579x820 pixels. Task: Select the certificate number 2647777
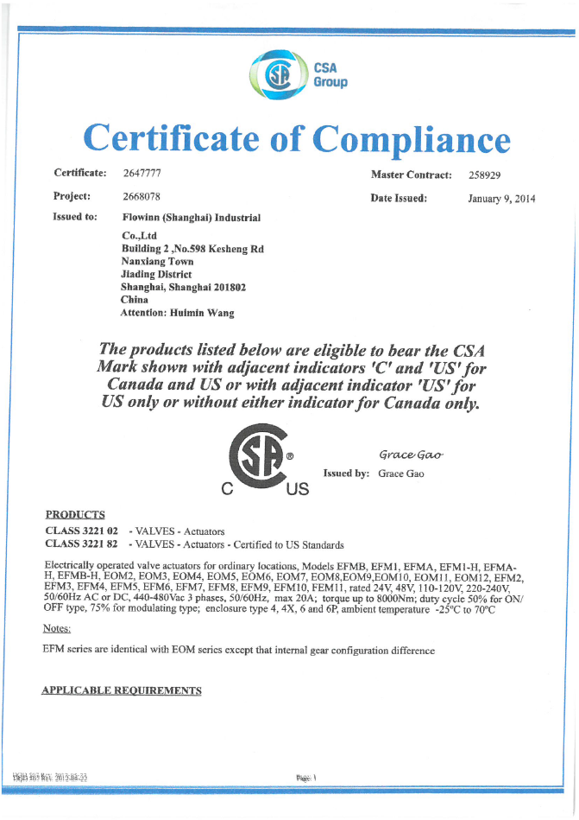(142, 174)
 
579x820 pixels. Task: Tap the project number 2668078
(142, 196)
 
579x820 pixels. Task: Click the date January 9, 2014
(501, 199)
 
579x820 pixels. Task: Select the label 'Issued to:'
(75, 217)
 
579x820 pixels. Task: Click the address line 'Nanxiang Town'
(157, 261)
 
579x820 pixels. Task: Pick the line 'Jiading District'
(157, 274)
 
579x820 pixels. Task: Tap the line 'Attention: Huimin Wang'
(177, 313)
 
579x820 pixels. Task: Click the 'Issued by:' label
(346, 474)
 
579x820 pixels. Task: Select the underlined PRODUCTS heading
(75, 515)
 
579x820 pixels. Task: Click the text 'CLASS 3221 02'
(81, 531)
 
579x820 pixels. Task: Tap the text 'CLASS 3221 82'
(81, 544)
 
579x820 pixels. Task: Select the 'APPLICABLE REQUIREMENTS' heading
(122, 690)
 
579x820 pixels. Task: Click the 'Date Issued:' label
(399, 198)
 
